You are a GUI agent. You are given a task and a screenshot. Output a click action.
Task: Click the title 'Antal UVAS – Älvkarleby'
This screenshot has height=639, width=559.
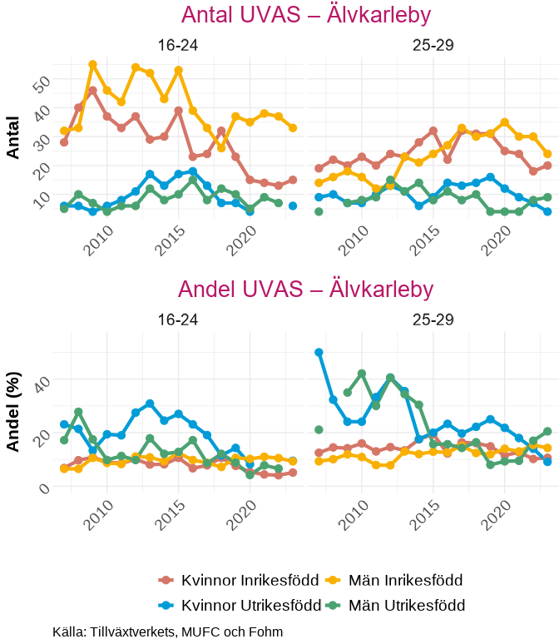(305, 15)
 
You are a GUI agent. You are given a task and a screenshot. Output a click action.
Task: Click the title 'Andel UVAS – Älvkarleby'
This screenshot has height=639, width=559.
(305, 289)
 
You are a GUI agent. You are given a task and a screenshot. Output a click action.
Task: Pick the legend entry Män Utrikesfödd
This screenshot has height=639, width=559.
(395, 605)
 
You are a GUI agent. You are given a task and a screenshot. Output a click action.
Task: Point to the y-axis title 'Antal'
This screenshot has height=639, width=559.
(13, 136)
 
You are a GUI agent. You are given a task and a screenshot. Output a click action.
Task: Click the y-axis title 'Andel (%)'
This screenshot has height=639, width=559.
(13, 411)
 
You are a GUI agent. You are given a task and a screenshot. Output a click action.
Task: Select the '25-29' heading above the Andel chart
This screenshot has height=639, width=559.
(433, 319)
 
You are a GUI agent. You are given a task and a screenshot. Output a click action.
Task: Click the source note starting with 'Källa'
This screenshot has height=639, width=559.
(167, 632)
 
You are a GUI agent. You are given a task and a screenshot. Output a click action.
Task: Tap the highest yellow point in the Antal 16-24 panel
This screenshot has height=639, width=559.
(93, 64)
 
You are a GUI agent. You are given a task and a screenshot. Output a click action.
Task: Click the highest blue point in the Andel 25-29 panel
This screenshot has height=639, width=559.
(319, 353)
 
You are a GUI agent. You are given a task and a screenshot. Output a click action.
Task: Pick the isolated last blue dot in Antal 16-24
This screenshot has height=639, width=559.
(293, 206)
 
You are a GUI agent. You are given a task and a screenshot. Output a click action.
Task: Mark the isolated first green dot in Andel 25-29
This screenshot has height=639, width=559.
(319, 429)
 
